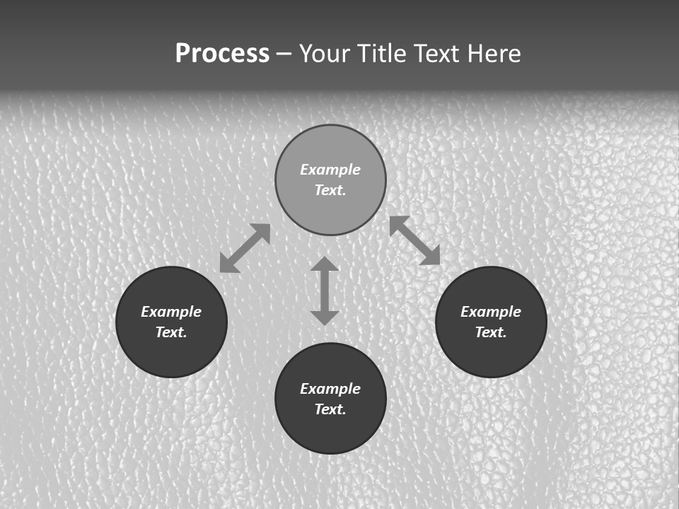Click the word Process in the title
tap(222, 54)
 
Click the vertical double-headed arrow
tap(325, 291)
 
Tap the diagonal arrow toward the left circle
tap(245, 248)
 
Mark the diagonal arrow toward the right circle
tap(414, 240)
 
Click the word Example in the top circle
tap(330, 170)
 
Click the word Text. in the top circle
tap(330, 190)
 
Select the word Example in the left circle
tap(171, 312)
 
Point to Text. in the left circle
tap(171, 332)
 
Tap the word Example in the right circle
tap(491, 312)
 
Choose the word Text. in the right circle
tap(491, 332)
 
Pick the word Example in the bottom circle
tap(330, 389)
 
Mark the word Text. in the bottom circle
tap(330, 409)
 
